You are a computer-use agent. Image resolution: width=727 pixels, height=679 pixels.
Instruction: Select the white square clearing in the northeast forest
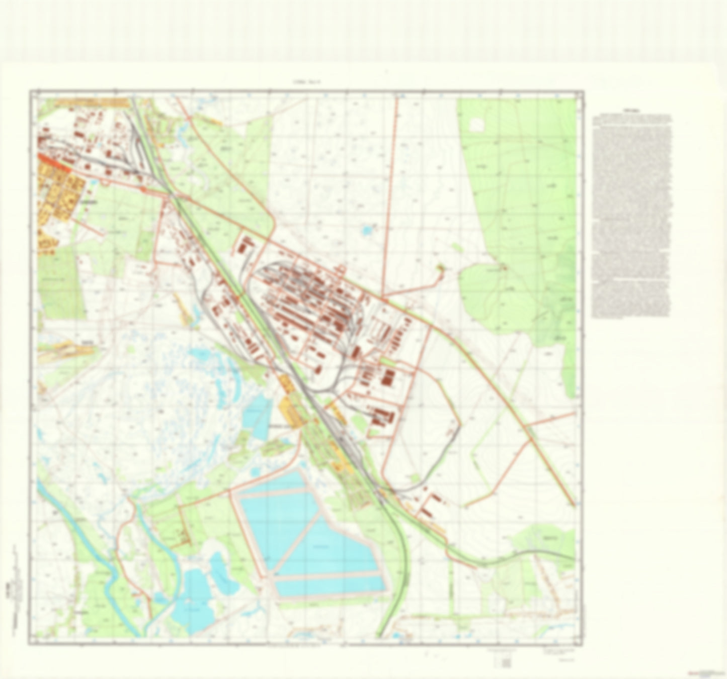pos(476,124)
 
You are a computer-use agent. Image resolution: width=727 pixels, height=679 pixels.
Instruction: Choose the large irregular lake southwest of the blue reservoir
pos(194,593)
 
